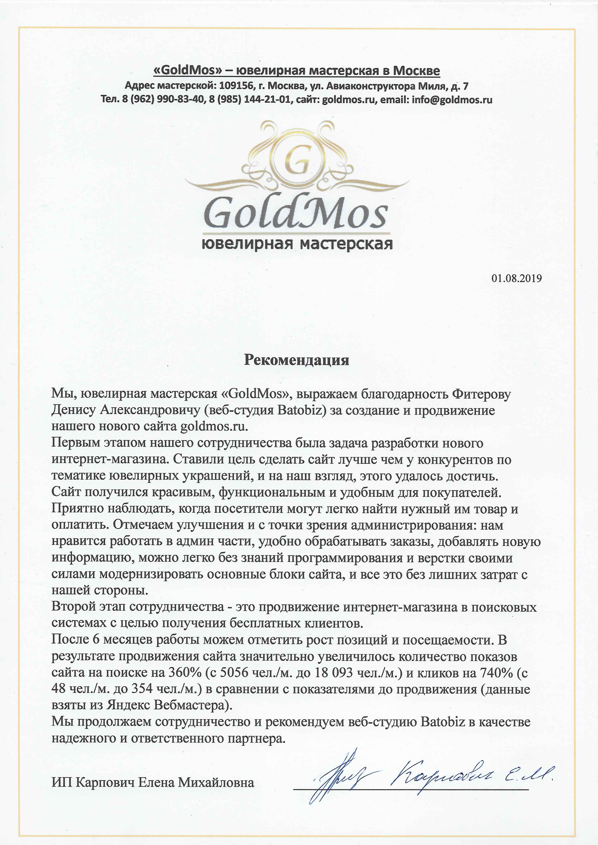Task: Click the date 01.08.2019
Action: point(516,278)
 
